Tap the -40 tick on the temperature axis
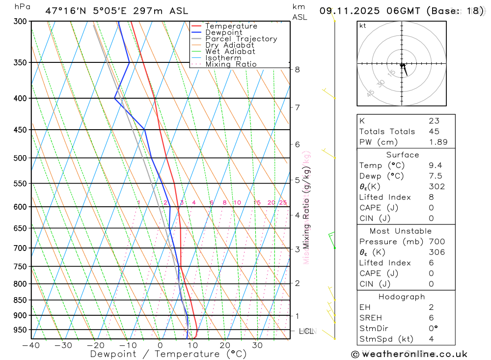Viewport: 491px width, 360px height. point(31,345)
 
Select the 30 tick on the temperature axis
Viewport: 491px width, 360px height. point(257,345)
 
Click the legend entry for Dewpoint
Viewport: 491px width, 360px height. point(223,32)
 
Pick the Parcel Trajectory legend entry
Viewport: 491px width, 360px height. point(241,39)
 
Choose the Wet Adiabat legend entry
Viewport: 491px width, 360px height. point(230,52)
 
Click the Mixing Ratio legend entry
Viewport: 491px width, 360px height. point(231,64)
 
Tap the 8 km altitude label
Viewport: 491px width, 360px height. point(297,70)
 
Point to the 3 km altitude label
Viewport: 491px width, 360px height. point(297,249)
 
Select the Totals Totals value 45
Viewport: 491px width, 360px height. point(434,132)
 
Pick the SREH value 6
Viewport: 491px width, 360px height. point(431,318)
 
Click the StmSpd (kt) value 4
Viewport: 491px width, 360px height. point(431,339)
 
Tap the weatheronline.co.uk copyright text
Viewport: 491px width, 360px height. point(409,354)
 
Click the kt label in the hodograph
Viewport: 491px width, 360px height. point(362,26)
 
